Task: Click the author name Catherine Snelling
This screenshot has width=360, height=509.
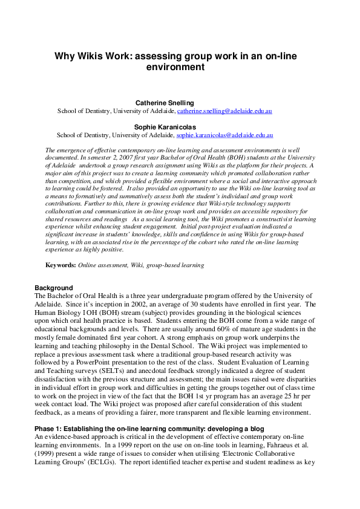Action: pyautogui.click(x=164, y=103)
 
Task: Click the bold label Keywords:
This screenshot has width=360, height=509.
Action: pyautogui.click(x=61, y=265)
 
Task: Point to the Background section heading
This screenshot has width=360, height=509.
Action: pyautogui.click(x=54, y=288)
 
